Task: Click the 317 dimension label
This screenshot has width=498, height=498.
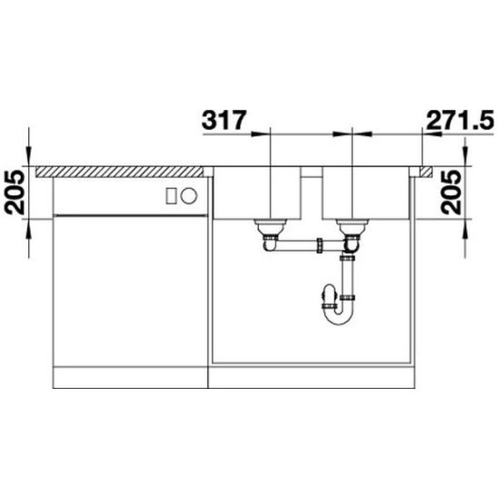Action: pos(224,120)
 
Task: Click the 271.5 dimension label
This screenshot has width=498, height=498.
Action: pos(460,120)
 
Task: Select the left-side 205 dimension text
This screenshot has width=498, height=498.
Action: pos(15,193)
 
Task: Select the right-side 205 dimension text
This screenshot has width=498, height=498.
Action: pos(451,193)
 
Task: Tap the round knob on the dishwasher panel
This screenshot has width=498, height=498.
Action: pos(189,195)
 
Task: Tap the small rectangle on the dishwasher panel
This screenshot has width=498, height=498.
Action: pos(172,195)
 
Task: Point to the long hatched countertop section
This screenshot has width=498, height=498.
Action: pos(119,172)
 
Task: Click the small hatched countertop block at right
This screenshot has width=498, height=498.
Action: pos(426,172)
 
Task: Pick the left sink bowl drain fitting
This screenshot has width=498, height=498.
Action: pos(270,228)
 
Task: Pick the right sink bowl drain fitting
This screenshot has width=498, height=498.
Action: pos(353,228)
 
